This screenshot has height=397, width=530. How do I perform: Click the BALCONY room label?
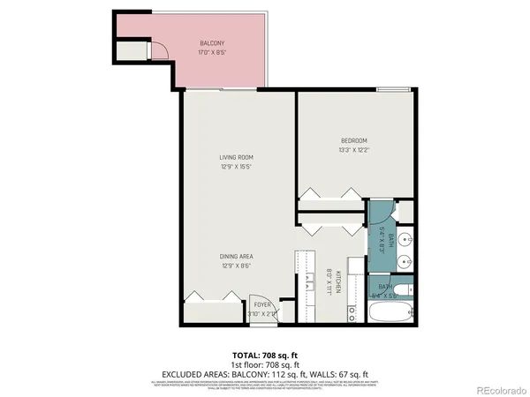coord(211,43)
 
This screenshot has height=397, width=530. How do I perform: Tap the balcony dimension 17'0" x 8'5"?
coord(211,52)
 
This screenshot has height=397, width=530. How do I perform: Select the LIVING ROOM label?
coord(237,158)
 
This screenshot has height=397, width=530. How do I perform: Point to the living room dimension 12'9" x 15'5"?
coord(237,167)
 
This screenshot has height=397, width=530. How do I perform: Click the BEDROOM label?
coord(353,141)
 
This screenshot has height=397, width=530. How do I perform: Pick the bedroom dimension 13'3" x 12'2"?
coord(353,150)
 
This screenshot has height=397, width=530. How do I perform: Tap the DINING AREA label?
coord(237,257)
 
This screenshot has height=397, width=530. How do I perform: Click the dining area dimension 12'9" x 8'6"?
coord(237,266)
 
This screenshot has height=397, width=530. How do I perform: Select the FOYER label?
coord(263,304)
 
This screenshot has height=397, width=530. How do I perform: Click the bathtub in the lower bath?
coord(389,312)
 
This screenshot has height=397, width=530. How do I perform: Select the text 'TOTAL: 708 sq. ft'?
coord(264,355)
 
